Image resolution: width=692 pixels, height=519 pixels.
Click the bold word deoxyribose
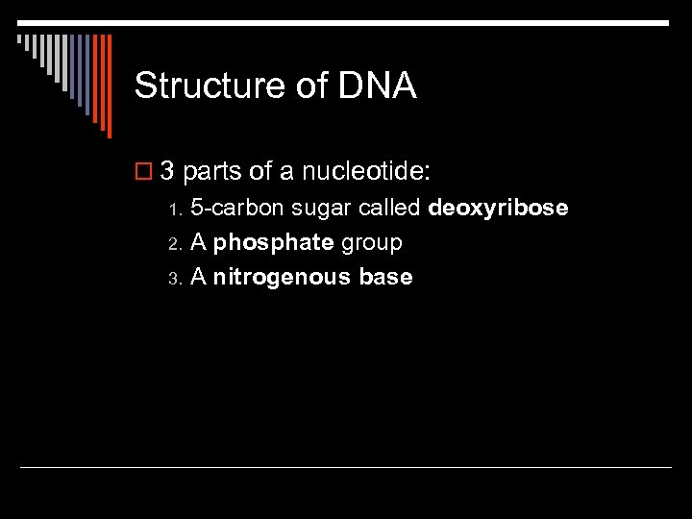[x=498, y=209]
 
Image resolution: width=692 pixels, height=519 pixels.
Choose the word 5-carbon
[x=235, y=208]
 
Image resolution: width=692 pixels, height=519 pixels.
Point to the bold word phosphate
[x=273, y=243]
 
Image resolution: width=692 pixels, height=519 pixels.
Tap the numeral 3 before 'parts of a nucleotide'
[x=166, y=172]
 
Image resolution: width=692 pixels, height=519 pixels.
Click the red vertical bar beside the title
[x=109, y=86]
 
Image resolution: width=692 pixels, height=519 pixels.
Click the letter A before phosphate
[x=199, y=242]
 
